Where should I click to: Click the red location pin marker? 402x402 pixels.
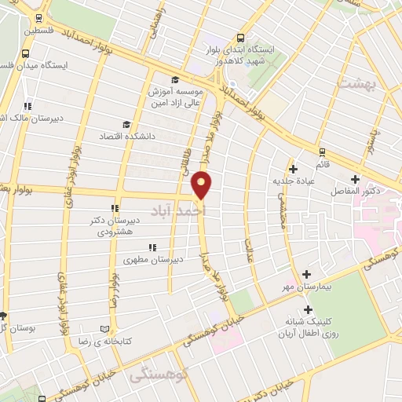202,185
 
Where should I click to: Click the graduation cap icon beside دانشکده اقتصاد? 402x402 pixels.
126,124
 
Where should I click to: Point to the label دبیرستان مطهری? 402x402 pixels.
155,258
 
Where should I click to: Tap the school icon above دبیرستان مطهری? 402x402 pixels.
152,247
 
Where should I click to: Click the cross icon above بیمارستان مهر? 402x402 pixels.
306,274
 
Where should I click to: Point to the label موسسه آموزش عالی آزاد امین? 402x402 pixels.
174,97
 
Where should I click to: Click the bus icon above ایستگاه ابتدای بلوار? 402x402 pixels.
239,37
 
